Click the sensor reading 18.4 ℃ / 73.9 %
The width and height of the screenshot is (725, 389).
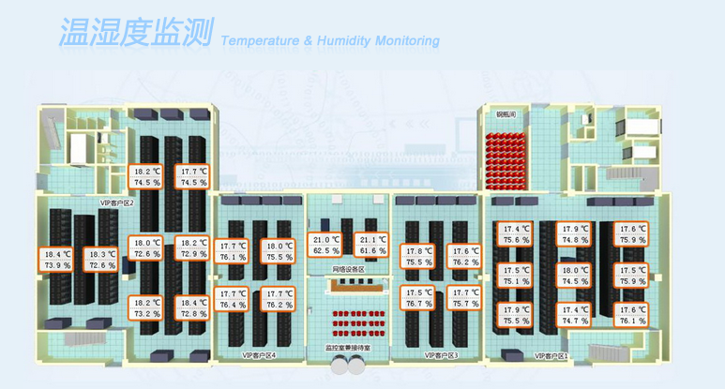(57, 260)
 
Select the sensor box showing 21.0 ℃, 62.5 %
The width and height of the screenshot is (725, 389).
(325, 246)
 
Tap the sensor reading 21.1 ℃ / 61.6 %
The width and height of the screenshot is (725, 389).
(372, 246)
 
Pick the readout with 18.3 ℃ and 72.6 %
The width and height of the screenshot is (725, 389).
(101, 260)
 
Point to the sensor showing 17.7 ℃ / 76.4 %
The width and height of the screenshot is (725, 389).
(233, 299)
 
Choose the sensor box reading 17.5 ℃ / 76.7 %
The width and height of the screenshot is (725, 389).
(419, 298)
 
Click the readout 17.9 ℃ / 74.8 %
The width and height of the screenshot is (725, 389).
(574, 233)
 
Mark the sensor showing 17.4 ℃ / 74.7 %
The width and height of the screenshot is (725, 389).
(574, 315)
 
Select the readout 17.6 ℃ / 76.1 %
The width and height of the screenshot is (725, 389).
(632, 315)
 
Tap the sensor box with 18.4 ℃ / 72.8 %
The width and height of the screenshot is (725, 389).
(192, 308)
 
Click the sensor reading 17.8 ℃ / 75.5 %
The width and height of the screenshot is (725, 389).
(419, 257)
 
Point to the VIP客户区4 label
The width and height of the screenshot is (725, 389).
(259, 355)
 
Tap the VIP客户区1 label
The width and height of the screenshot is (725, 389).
(551, 356)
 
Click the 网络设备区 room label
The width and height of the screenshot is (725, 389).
(348, 269)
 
